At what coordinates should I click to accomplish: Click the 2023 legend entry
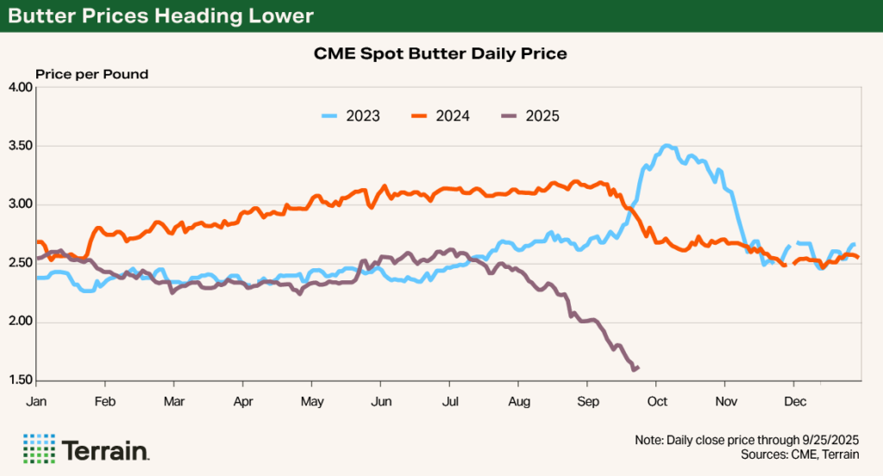click(x=351, y=116)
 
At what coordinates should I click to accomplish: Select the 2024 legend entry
click(x=441, y=116)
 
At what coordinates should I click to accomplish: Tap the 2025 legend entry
click(x=529, y=116)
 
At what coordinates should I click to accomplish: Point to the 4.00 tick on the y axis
click(x=19, y=88)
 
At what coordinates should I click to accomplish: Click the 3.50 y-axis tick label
click(x=19, y=147)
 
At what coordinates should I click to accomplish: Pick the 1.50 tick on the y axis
click(x=19, y=380)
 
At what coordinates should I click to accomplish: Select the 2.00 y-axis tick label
click(x=19, y=322)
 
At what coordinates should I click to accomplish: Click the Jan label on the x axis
click(x=36, y=402)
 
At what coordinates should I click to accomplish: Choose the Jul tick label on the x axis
click(x=449, y=402)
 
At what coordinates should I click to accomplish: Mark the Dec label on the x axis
click(x=794, y=402)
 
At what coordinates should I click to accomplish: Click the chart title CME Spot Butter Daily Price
click(x=441, y=54)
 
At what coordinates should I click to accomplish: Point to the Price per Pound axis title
click(x=91, y=74)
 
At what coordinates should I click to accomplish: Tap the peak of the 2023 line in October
click(x=666, y=146)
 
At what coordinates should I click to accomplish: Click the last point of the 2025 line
click(x=638, y=367)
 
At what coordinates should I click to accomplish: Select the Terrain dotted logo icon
click(x=39, y=449)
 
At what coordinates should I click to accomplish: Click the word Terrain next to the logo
click(x=106, y=450)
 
